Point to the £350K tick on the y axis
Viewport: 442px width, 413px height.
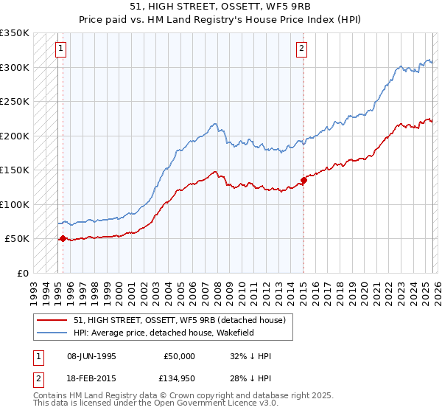point(15,33)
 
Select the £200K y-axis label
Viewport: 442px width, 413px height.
point(15,136)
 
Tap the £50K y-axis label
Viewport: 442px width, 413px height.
point(17,239)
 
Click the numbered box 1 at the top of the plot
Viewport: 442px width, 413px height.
point(60,49)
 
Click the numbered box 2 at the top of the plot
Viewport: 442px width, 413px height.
point(302,49)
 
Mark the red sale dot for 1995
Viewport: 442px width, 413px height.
point(63,238)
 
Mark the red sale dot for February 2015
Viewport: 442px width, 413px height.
point(304,180)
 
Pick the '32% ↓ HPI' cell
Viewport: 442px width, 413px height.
point(250,356)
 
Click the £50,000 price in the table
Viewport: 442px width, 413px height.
point(178,356)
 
